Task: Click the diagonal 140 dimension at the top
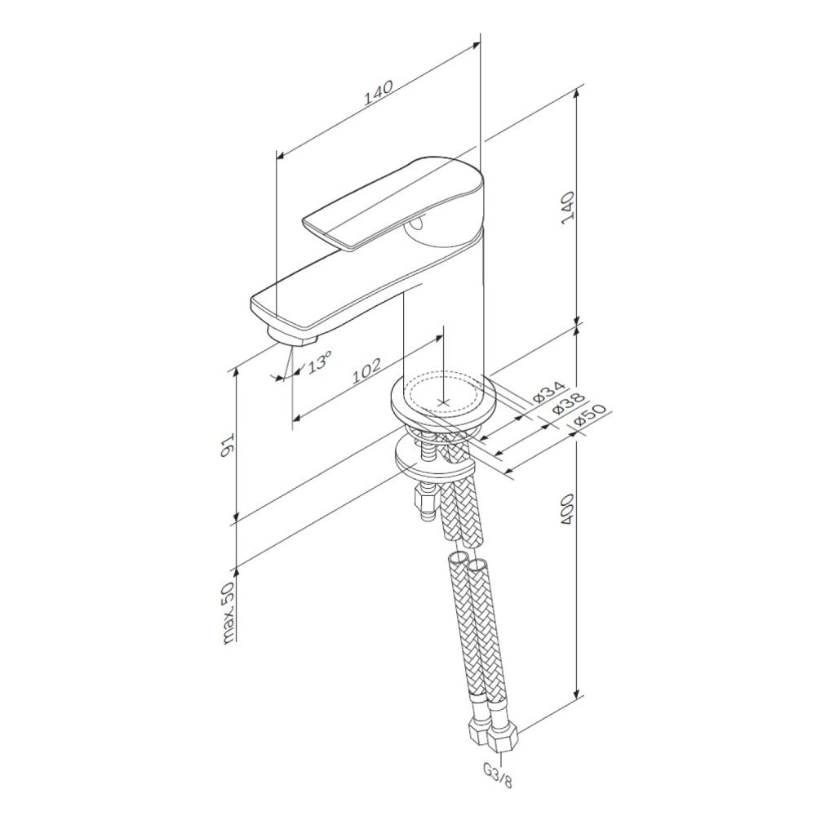[378, 93]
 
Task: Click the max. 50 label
[228, 614]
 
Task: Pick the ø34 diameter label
[548, 392]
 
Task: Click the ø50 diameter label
[591, 416]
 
